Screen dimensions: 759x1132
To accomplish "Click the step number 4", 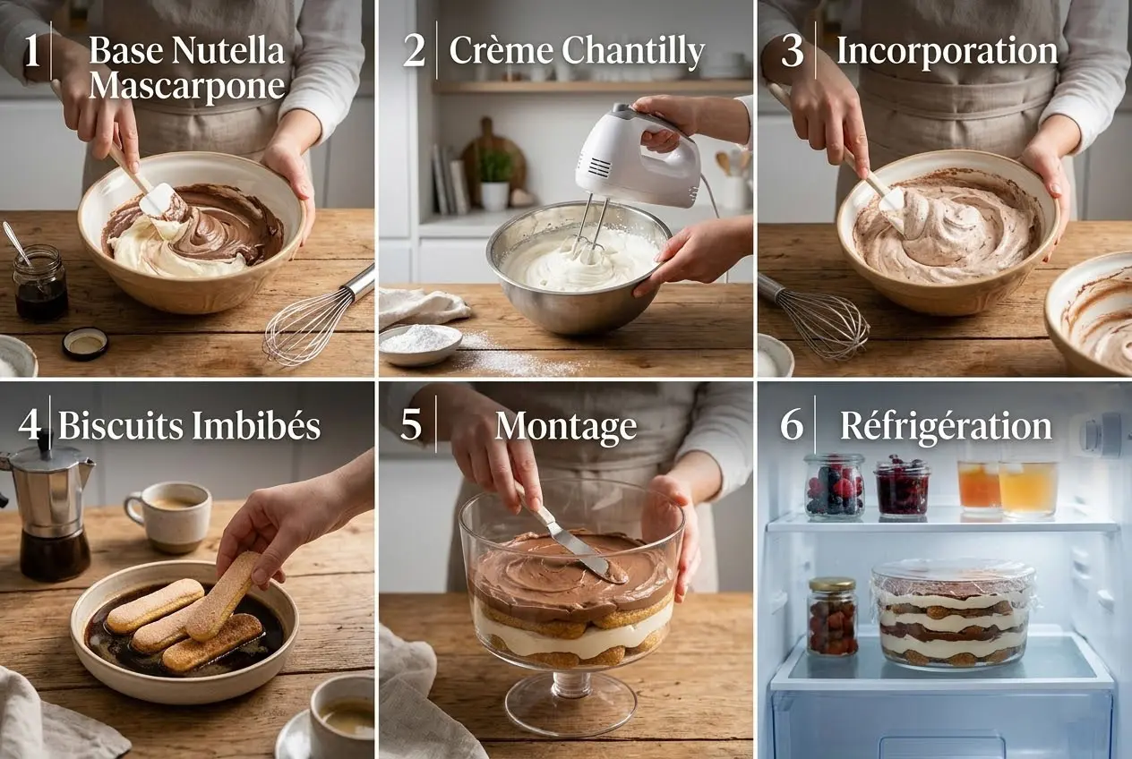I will pos(30,424).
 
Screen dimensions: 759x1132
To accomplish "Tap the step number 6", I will pos(792,424).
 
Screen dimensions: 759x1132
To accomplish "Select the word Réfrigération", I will pos(946,426).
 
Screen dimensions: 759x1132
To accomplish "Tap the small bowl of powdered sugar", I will pos(420,342).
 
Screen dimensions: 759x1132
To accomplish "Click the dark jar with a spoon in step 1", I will pos(40,285).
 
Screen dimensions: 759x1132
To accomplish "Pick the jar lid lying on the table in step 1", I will pos(85,343).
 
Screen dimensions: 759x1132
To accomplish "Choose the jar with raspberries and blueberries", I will pos(834,487).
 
